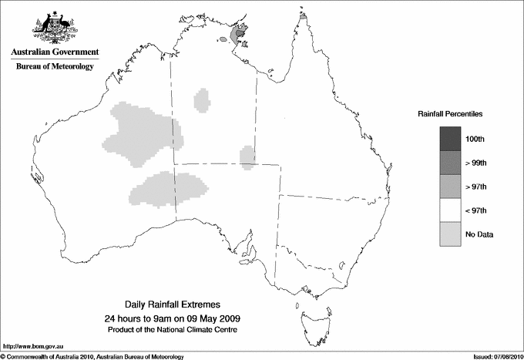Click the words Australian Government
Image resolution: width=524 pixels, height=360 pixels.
coord(54,52)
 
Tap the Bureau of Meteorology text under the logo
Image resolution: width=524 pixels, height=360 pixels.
coord(54,67)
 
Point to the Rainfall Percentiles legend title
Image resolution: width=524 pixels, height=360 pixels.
coord(450,113)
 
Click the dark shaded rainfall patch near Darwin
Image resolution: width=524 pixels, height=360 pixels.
coord(240,35)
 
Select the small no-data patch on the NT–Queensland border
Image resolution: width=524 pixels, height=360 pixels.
coord(247,157)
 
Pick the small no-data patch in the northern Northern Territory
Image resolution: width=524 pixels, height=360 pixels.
coord(202,99)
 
